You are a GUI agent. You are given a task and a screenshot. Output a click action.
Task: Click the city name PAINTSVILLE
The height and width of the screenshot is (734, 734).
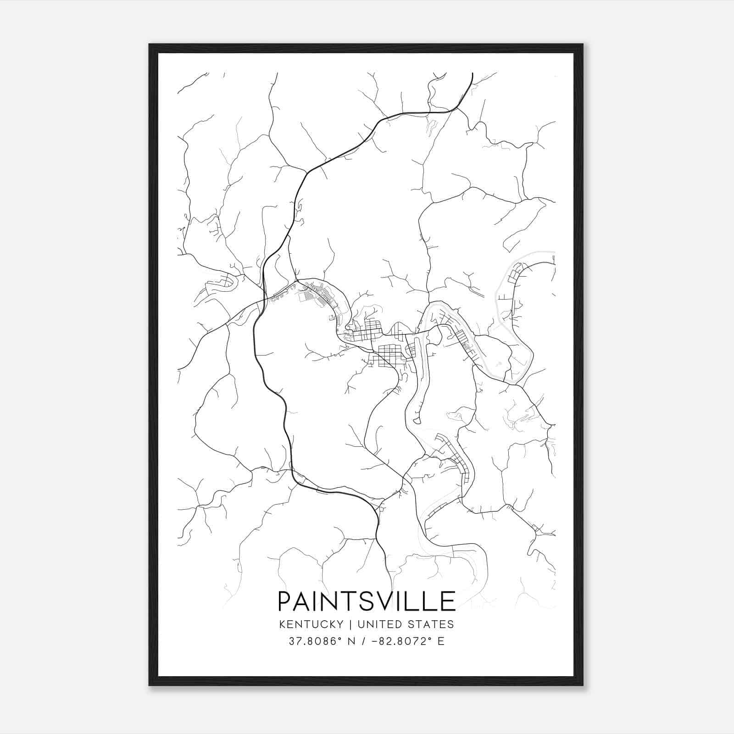[x=367, y=601]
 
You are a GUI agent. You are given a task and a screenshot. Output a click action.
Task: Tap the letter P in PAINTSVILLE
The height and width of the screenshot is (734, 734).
[x=286, y=601]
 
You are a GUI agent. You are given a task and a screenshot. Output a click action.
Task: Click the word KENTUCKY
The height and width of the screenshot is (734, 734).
[x=311, y=624]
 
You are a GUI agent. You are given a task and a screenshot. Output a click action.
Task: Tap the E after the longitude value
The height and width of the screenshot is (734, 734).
[x=441, y=641]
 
